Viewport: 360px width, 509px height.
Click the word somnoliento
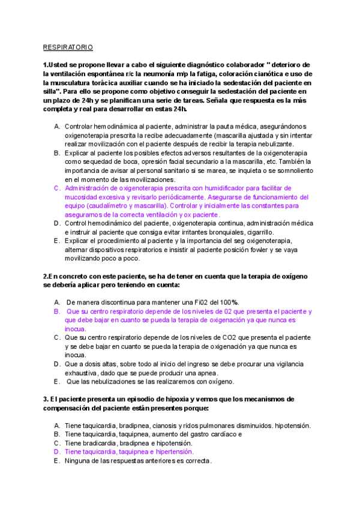point(292,171)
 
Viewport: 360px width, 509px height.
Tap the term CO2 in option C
point(219,337)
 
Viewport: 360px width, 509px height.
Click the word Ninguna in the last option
point(78,460)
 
